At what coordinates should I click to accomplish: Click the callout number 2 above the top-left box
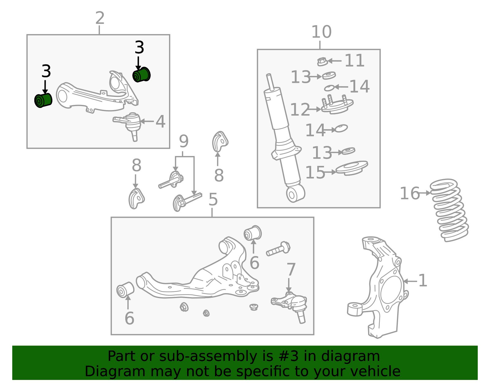(100, 18)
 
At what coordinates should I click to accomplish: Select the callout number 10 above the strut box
(321, 32)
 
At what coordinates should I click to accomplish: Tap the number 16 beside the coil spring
(409, 193)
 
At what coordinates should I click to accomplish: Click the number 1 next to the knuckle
(423, 281)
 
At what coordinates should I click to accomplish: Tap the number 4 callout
(160, 121)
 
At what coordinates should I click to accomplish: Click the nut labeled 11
(322, 62)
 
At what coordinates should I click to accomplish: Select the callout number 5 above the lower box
(213, 199)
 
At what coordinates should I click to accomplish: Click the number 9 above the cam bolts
(183, 141)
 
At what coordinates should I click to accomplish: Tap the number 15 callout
(315, 172)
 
